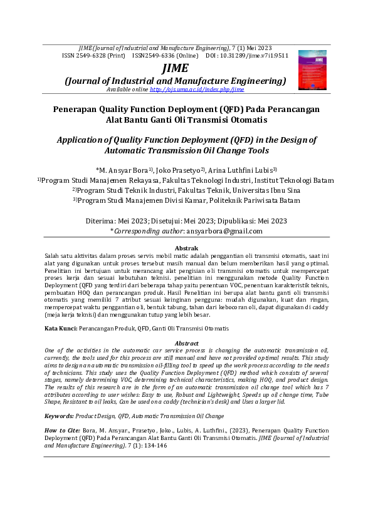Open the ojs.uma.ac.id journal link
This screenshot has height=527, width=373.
197,90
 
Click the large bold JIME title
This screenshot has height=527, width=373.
175,68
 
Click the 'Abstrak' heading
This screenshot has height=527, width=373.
186,248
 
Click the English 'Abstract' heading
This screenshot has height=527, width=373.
186,344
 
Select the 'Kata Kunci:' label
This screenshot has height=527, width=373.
61,328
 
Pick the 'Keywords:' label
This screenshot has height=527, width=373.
61,416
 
